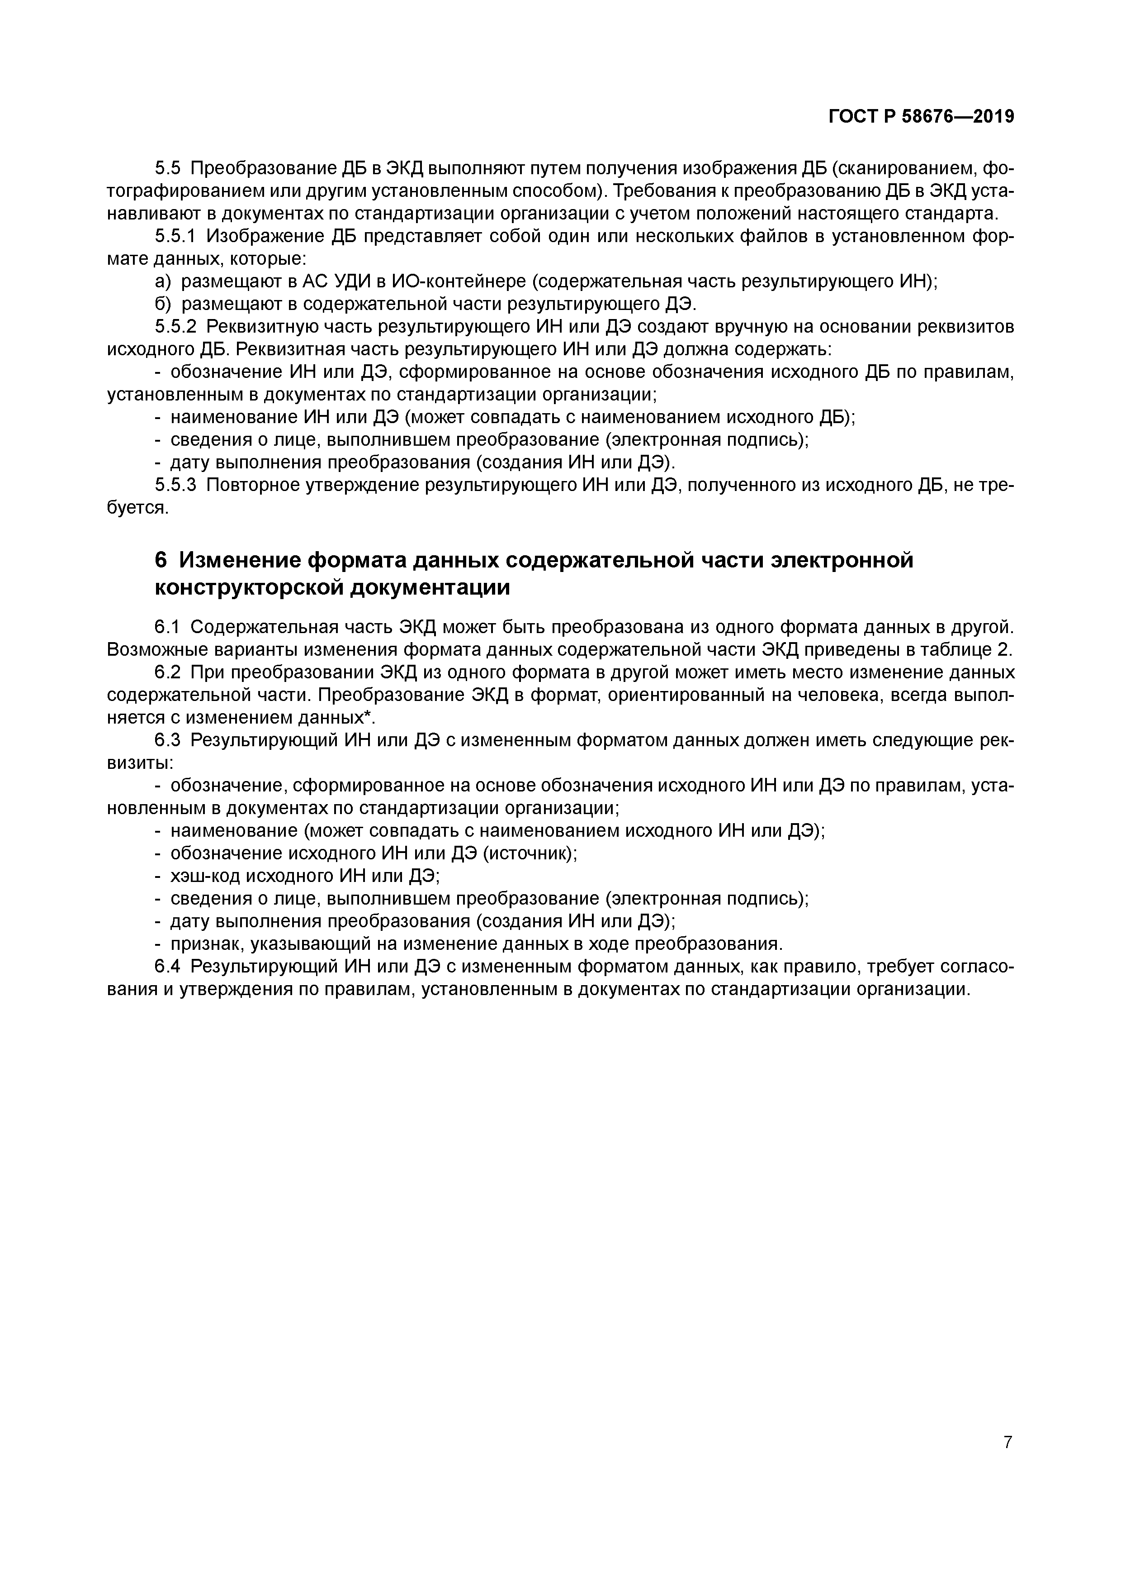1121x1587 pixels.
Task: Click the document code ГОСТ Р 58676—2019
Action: [x=922, y=117]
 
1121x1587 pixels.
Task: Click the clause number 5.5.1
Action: [x=176, y=236]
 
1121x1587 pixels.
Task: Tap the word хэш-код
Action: [x=204, y=877]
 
